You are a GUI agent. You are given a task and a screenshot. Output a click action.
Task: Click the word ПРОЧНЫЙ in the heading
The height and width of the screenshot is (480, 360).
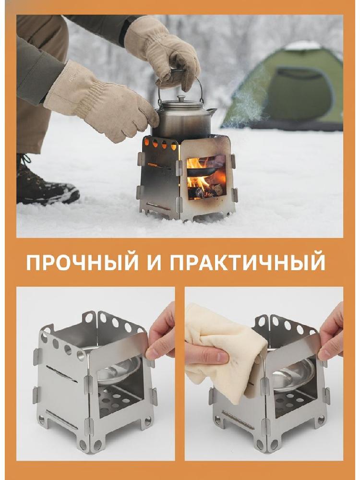pyautogui.click(x=83, y=262)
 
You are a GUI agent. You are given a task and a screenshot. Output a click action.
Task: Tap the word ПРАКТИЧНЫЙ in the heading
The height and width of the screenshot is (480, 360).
pyautogui.click(x=247, y=262)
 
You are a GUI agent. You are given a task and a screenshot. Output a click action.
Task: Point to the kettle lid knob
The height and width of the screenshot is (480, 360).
pyautogui.click(x=181, y=98)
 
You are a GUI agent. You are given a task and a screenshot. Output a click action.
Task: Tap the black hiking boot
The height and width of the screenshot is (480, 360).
pyautogui.click(x=46, y=182)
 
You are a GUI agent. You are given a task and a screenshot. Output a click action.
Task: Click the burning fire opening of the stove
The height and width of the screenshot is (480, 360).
pyautogui.click(x=206, y=177)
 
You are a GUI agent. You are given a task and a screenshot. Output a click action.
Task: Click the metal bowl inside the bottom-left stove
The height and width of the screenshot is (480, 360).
pyautogui.click(x=120, y=371)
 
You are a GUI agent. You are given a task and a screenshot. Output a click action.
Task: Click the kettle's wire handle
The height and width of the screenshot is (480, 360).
pyautogui.click(x=180, y=83)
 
